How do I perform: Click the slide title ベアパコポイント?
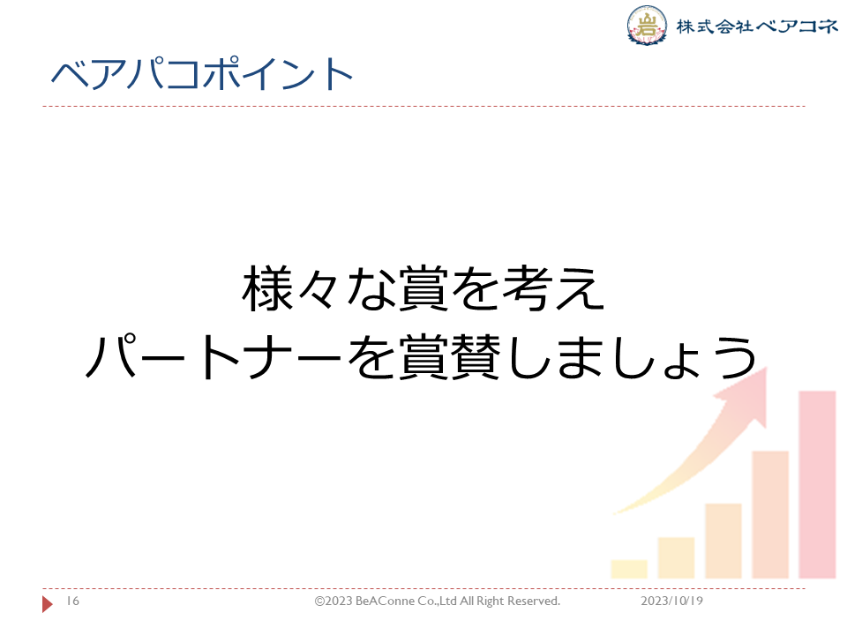point(201,73)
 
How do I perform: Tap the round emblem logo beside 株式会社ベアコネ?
point(647,25)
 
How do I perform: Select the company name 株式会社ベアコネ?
point(757,26)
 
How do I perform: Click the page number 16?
point(73,601)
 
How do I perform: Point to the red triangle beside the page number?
point(47,603)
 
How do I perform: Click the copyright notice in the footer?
point(438,601)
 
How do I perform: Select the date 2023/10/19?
point(672,601)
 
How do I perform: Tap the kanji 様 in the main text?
point(268,288)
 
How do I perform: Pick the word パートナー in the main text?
point(214,356)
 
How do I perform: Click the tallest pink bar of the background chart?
point(817,484)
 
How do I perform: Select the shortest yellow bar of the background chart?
point(629,569)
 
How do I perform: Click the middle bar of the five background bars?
point(723,541)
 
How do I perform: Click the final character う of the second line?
point(735,356)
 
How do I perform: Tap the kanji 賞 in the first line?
point(424,288)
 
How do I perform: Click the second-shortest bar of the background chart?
point(677,557)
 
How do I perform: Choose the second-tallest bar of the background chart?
point(770,514)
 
